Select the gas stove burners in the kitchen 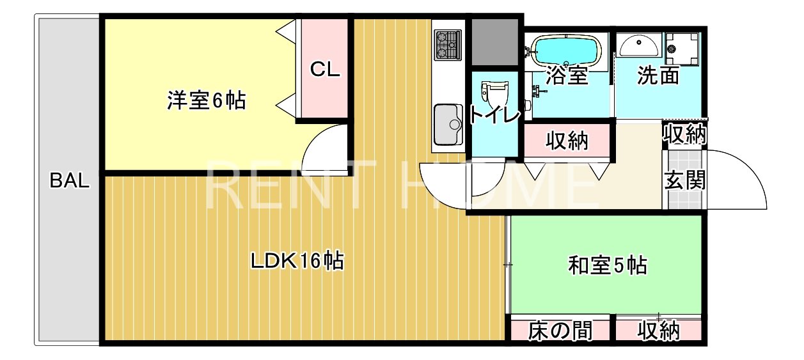click(448, 45)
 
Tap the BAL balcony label click(70, 182)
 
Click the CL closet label click(325, 70)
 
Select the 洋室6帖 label click(206, 101)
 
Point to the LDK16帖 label click(297, 261)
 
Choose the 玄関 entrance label click(685, 181)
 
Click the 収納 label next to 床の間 click(658, 331)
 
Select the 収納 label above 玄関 click(684, 134)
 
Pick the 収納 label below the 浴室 click(567, 141)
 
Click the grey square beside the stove click(494, 42)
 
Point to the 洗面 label click(658, 76)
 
